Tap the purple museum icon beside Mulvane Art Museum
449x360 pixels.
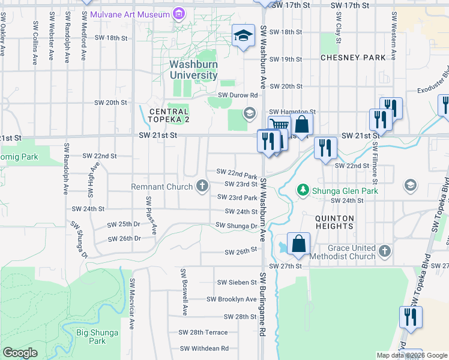[x=178, y=13]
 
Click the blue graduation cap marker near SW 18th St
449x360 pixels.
[x=244, y=35]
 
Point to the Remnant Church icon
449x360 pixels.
[x=202, y=187]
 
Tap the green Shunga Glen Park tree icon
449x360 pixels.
[x=304, y=190]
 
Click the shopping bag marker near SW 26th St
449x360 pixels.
[x=298, y=244]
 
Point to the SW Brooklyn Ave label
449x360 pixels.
[x=232, y=299]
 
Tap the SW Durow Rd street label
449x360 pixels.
[x=238, y=95]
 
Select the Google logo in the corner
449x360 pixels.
[x=20, y=353]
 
